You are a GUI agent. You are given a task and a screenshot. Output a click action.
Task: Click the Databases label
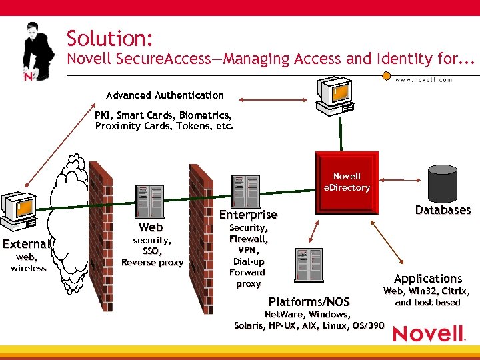click(x=443, y=210)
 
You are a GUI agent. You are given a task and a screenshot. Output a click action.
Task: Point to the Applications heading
click(x=427, y=279)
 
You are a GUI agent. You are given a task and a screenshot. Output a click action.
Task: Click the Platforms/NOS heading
click(x=308, y=302)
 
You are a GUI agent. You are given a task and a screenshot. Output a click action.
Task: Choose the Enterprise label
click(x=248, y=215)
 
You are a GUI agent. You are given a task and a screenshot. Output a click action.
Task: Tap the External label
click(x=27, y=243)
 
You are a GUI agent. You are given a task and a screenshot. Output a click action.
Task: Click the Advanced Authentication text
click(x=165, y=95)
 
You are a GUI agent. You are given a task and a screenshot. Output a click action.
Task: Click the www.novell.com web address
click(x=423, y=79)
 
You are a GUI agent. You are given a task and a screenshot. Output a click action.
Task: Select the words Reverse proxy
click(x=152, y=263)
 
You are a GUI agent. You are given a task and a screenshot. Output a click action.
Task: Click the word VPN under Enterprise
click(x=248, y=250)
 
